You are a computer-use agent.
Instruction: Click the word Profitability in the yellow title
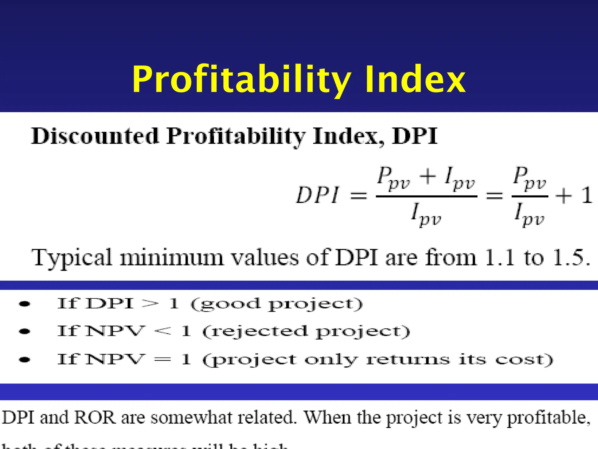(x=241, y=80)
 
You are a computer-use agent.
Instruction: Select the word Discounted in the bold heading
(x=95, y=136)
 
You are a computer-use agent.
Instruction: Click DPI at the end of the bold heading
(x=415, y=136)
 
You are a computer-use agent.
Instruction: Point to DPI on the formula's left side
(x=318, y=195)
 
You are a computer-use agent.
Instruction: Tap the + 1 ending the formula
(x=574, y=195)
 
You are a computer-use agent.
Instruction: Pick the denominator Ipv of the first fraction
(x=426, y=215)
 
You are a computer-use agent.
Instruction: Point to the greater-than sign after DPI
(x=150, y=304)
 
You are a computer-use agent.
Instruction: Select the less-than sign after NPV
(x=162, y=331)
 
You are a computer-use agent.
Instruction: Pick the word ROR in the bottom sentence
(x=95, y=417)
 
